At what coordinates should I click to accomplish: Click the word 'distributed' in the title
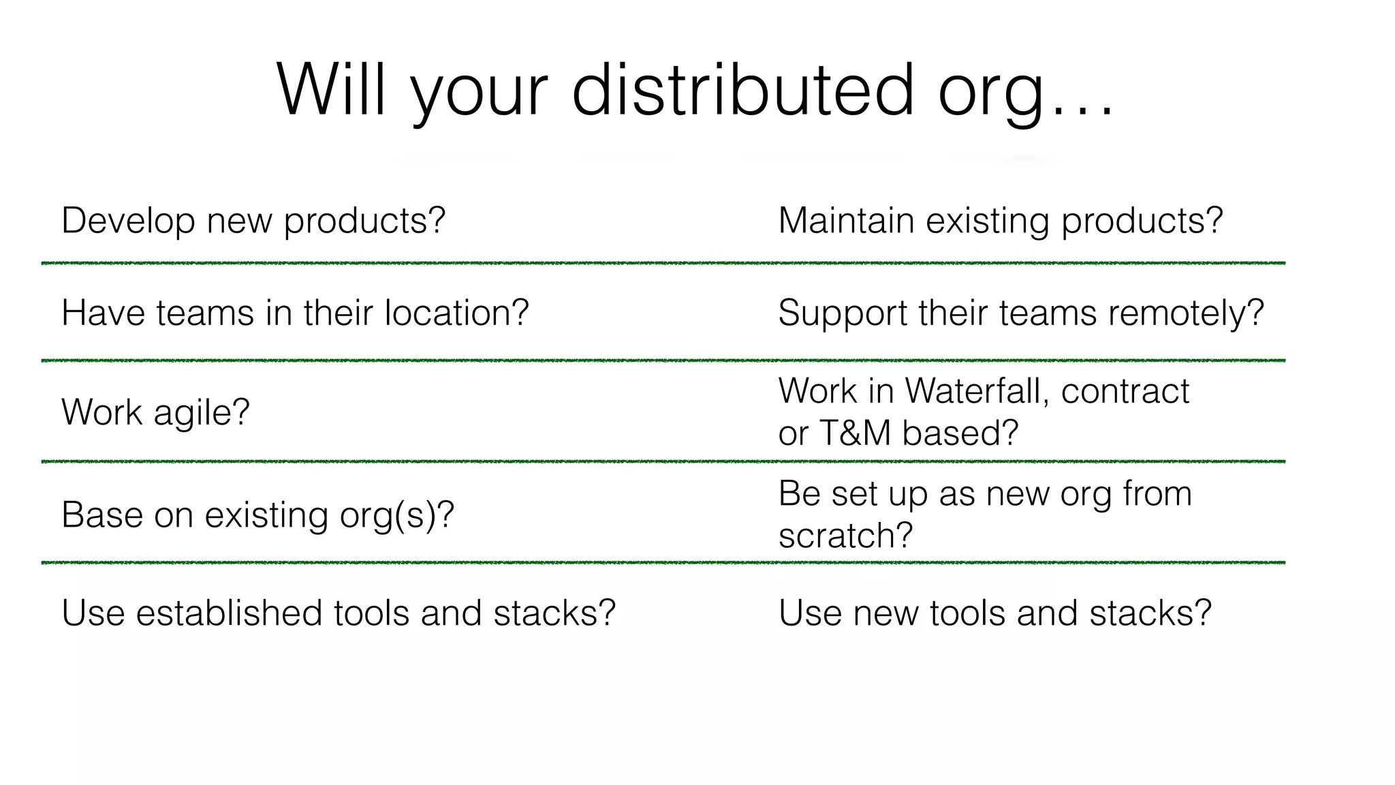[x=742, y=90]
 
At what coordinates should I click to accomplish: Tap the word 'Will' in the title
[x=331, y=90]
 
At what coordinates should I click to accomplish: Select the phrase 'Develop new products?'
[x=253, y=221]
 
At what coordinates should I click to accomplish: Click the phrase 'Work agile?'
[x=156, y=412]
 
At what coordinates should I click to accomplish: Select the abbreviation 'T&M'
[x=855, y=433]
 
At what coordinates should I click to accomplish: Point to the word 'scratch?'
[x=845, y=536]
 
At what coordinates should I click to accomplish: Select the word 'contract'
[x=1125, y=391]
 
